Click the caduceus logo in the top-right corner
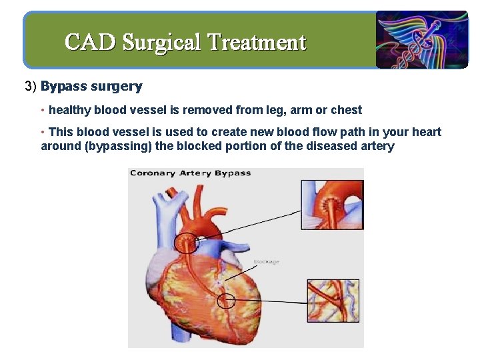pos(421,40)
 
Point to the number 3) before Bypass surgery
pos(31,87)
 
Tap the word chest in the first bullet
pos(346,111)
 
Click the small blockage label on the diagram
pos(266,262)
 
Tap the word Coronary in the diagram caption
pos(153,173)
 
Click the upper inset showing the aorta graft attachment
pos(331,204)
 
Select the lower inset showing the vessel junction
pos(331,301)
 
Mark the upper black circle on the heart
pos(187,243)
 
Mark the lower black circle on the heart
pos(227,301)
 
